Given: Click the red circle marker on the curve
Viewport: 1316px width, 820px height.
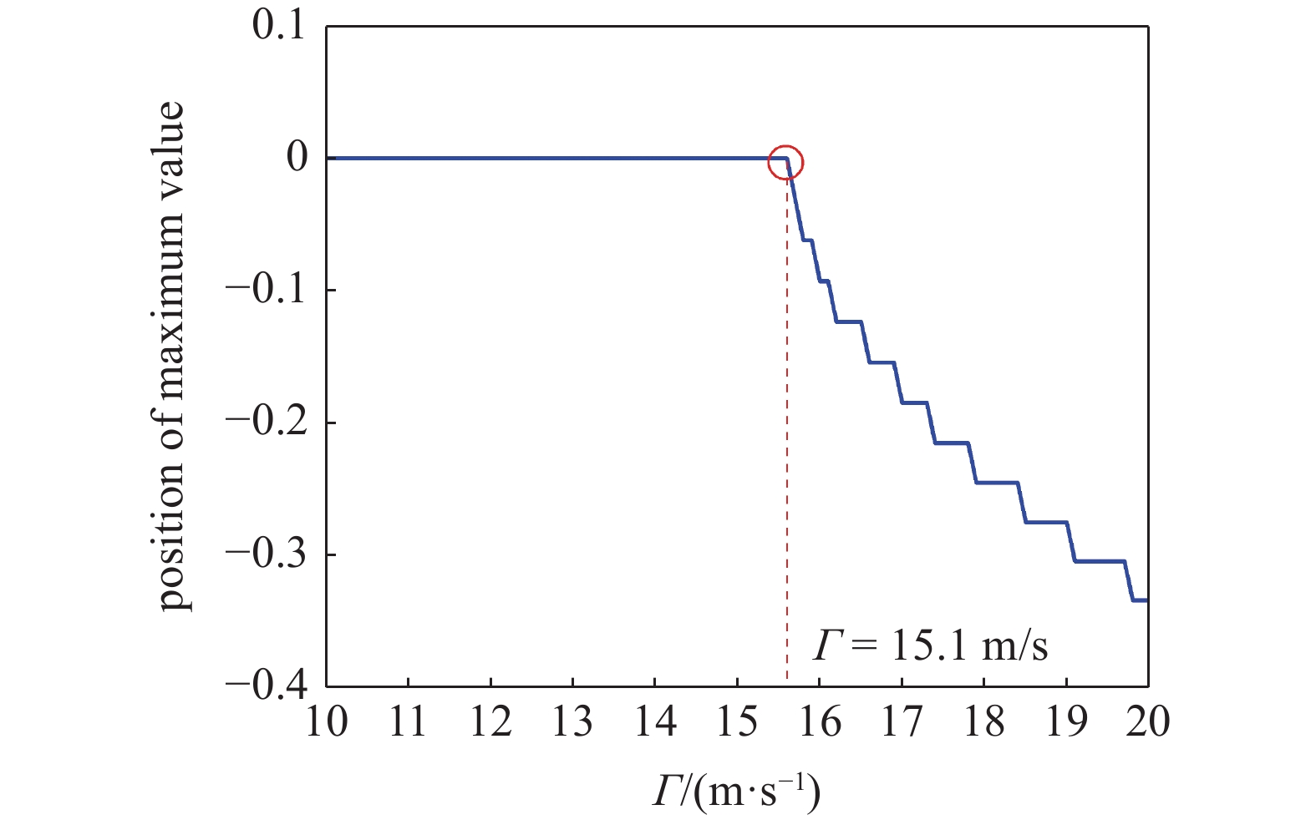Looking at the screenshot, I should tap(785, 163).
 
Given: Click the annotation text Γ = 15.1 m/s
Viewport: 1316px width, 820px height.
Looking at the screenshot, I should tap(930, 645).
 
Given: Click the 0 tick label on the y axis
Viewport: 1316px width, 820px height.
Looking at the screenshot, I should tap(297, 158).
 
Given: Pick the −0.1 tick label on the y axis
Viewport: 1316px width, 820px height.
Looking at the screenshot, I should tap(267, 290).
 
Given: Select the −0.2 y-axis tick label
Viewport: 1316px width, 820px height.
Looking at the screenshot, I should tap(267, 423).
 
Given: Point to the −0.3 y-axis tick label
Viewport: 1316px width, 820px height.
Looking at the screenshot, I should tap(267, 554).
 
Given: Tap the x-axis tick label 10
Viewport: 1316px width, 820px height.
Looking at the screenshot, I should tap(326, 722).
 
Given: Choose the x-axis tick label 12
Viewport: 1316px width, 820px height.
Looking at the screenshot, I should tap(490, 722).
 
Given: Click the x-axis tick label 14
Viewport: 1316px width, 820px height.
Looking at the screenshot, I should tap(655, 722).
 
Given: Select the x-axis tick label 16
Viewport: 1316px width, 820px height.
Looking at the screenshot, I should tap(820, 722).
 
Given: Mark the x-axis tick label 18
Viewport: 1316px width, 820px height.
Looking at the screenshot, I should tap(984, 722).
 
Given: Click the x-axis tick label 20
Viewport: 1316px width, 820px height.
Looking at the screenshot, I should tap(1148, 722).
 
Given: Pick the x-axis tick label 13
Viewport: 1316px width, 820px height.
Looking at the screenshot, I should tap(572, 722).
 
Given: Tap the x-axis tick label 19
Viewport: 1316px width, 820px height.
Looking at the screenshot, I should tap(1066, 722).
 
